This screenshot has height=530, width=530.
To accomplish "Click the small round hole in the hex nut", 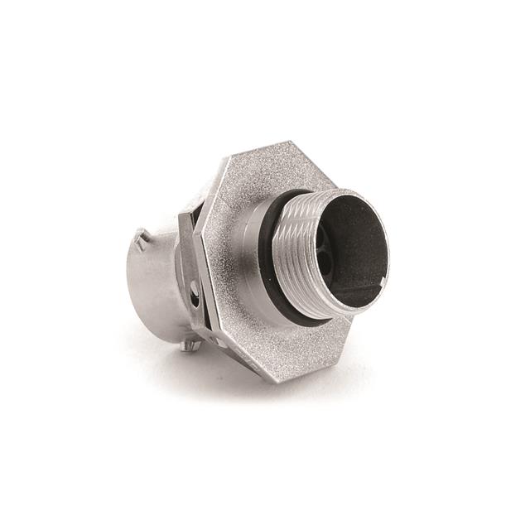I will pos(195,291).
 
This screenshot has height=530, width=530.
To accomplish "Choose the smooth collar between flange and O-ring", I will pos(253,240).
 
